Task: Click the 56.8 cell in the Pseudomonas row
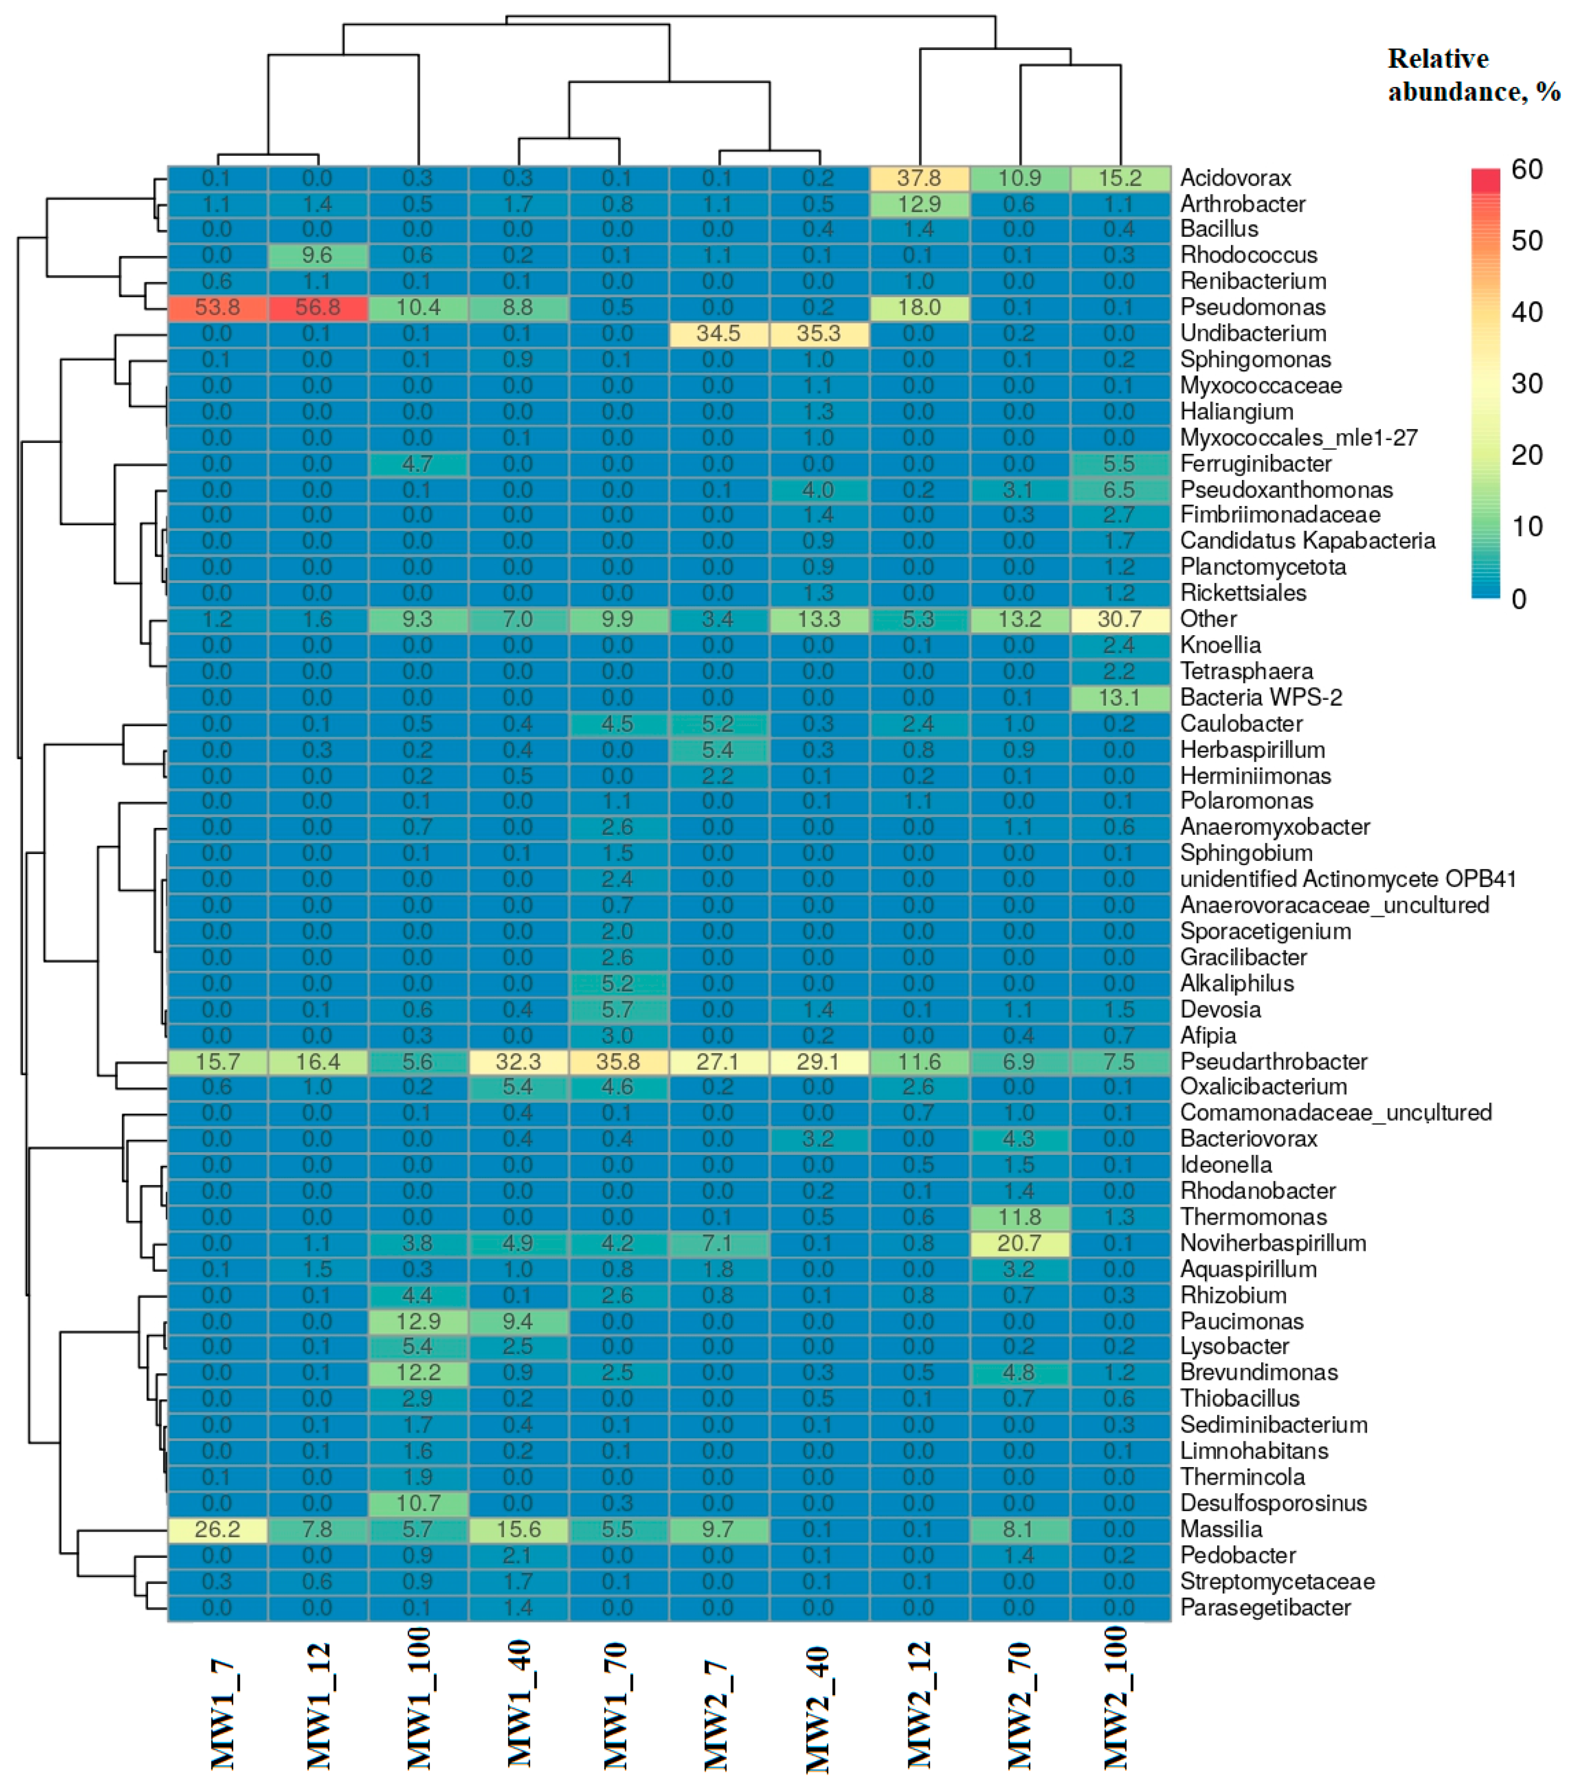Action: pyautogui.click(x=318, y=307)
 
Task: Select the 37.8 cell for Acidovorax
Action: pyautogui.click(x=918, y=178)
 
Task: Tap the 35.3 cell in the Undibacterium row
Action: pyautogui.click(x=819, y=333)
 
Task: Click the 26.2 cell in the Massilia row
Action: pyautogui.click(x=217, y=1529)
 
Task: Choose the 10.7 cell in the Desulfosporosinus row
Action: pyautogui.click(x=418, y=1503)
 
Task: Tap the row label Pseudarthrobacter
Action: pyautogui.click(x=1273, y=1062)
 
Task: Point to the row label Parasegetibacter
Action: pyautogui.click(x=1265, y=1608)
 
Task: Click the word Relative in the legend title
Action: pyautogui.click(x=1438, y=58)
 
